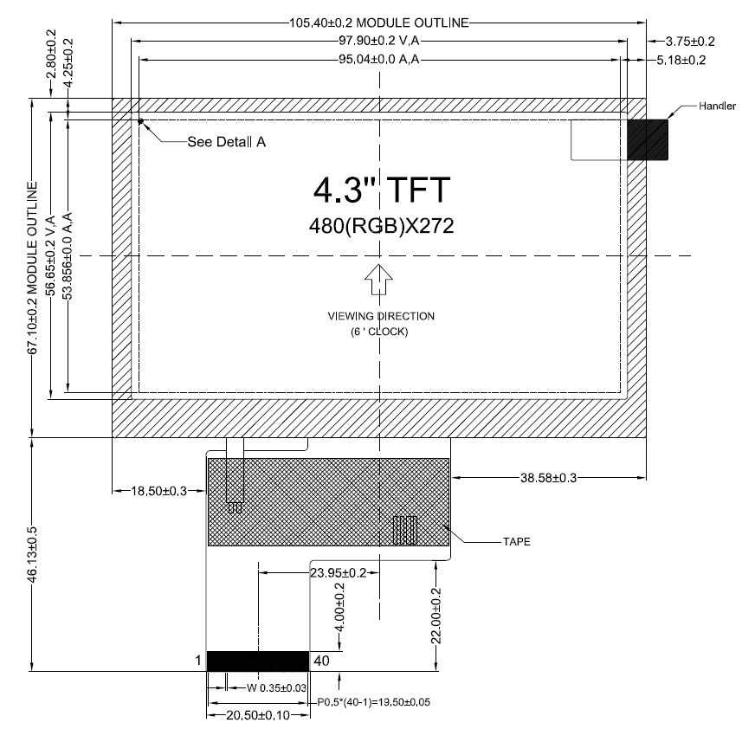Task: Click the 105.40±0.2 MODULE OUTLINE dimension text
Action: (x=379, y=23)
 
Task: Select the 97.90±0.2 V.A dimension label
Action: (x=379, y=41)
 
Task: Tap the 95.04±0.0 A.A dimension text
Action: (x=379, y=59)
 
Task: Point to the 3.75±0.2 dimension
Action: (x=690, y=42)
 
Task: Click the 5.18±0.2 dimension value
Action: (x=681, y=60)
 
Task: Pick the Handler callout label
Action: (x=718, y=106)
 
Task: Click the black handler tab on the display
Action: (x=648, y=139)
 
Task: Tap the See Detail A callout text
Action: (x=227, y=142)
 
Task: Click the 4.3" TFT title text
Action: (x=382, y=190)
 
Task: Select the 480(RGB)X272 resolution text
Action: (x=382, y=226)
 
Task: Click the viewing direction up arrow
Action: (x=378, y=279)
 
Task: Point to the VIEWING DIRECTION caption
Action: (x=381, y=316)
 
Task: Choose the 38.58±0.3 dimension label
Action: (x=548, y=478)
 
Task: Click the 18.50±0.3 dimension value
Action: (x=159, y=491)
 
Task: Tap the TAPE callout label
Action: (x=517, y=542)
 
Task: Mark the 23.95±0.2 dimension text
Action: (x=339, y=573)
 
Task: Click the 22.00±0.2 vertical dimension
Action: (x=436, y=616)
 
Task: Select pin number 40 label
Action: (x=322, y=661)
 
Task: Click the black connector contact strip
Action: (x=258, y=661)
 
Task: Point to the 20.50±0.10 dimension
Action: (x=258, y=715)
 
